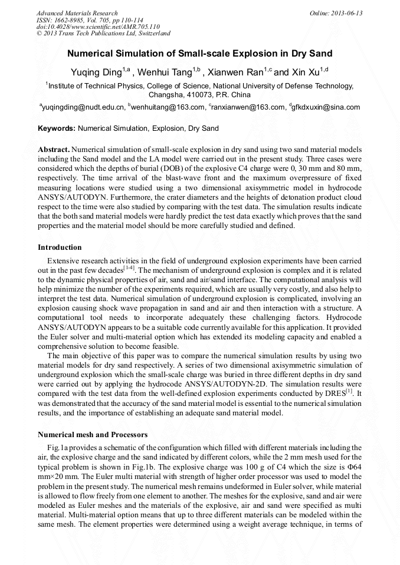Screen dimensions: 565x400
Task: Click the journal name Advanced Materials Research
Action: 77,13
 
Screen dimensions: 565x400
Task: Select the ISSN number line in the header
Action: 82,20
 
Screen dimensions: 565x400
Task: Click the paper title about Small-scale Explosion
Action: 199,54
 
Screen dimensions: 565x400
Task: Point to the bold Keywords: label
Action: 57,128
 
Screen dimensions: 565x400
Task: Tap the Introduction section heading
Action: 60,247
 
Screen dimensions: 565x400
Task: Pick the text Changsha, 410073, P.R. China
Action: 199,95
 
